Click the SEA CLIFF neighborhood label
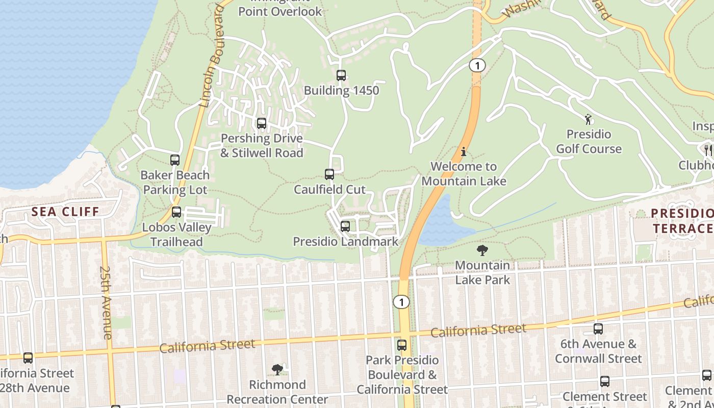(65, 212)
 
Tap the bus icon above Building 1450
(341, 75)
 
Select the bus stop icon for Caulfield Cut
(329, 174)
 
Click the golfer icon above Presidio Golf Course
(589, 119)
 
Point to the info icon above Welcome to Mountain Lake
(464, 151)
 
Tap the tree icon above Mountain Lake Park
(482, 250)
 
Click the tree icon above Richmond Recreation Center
(277, 369)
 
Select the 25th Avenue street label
(106, 302)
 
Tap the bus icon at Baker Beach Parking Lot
(175, 160)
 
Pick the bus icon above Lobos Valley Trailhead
(176, 212)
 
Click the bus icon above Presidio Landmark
(345, 226)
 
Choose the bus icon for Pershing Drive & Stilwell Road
(262, 123)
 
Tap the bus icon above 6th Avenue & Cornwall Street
(598, 329)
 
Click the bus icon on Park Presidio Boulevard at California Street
(402, 345)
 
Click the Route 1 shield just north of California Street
(401, 302)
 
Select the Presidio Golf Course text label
(589, 142)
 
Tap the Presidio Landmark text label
(345, 241)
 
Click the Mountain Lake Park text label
(482, 272)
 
